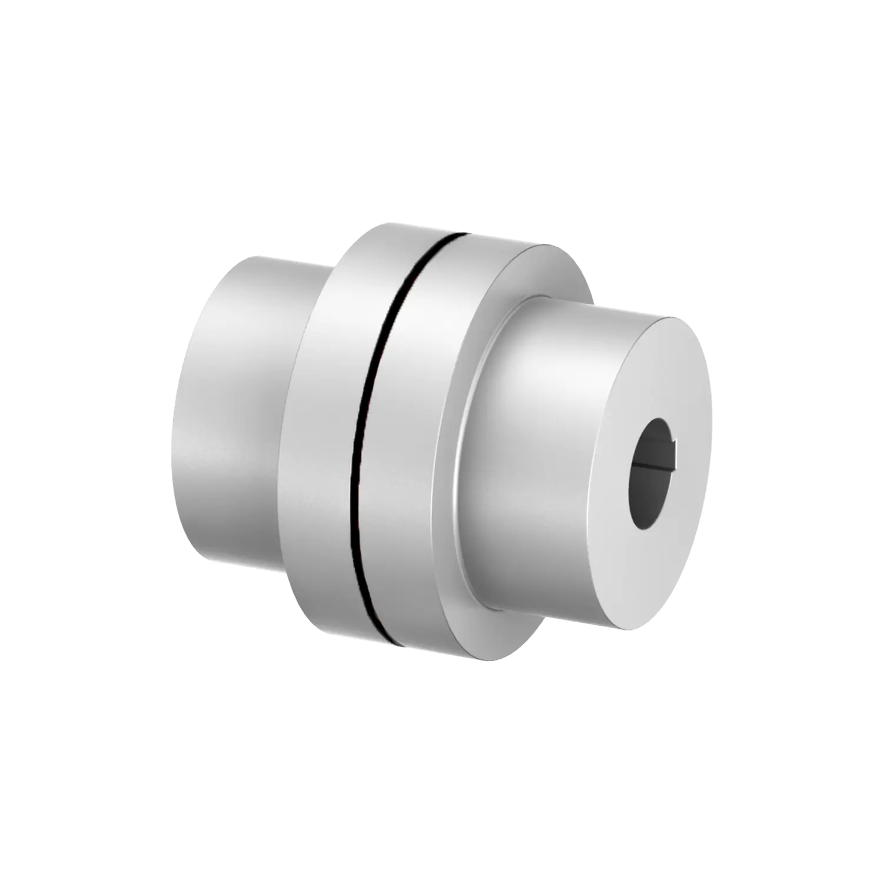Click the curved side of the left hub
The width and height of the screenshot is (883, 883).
(230, 412)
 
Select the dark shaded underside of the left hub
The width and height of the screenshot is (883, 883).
(235, 547)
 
